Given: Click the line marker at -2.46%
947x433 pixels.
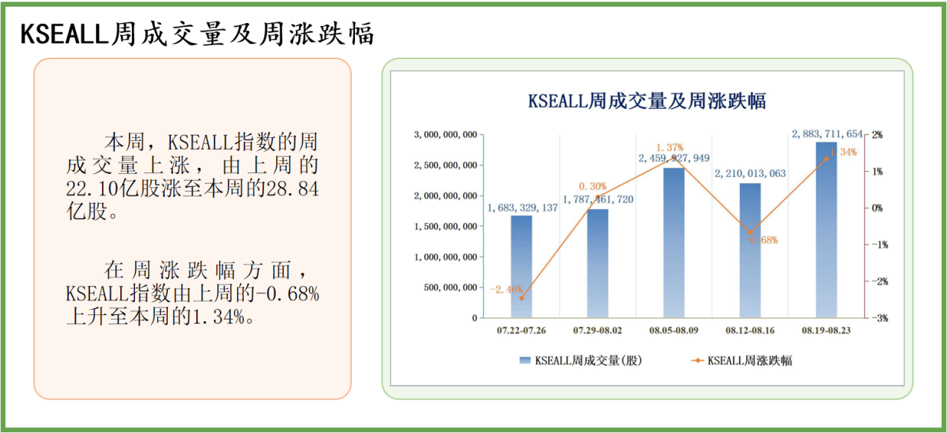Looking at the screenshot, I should point(521,298).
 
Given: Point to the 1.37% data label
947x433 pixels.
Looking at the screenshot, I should point(670,148).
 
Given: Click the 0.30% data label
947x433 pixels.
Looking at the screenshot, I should point(593,186).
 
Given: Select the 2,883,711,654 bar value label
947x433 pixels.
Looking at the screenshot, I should point(827,134).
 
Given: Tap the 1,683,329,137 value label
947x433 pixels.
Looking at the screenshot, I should point(523,208).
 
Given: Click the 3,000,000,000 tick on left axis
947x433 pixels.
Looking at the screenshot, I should point(445,135).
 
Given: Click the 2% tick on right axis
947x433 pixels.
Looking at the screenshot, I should point(878,135).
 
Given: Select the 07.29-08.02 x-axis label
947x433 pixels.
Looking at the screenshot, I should point(597,330).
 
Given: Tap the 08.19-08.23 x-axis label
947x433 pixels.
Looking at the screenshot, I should point(826,330).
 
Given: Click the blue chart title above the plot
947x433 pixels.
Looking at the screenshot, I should point(646,101).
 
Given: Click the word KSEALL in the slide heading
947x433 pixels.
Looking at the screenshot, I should point(63,34).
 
